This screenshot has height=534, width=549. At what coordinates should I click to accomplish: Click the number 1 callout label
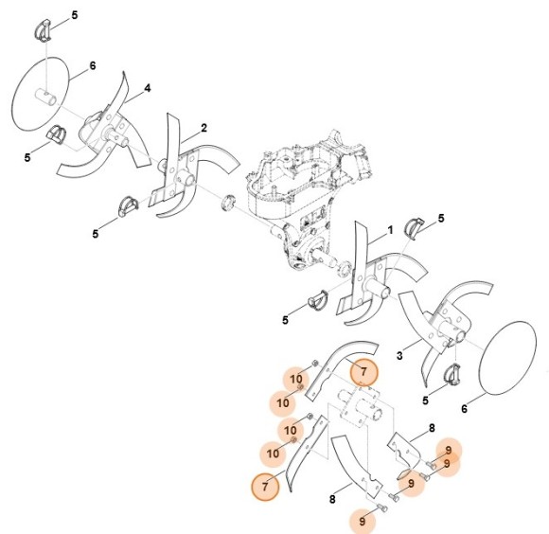point(389,229)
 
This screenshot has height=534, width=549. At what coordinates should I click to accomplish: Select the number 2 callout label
point(204,128)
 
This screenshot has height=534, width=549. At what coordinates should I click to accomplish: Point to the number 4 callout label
point(148,89)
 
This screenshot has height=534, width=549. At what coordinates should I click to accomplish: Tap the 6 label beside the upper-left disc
point(93,65)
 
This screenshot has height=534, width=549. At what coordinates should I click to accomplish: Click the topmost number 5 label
point(76,16)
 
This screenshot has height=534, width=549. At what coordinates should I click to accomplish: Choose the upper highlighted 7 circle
point(363,373)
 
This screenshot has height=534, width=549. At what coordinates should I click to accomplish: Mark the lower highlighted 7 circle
point(265,487)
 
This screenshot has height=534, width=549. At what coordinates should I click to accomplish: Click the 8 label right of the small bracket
point(431,429)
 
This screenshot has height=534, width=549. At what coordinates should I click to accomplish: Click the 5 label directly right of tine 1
point(441,220)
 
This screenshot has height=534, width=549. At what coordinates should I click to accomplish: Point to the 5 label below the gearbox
point(285,320)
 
